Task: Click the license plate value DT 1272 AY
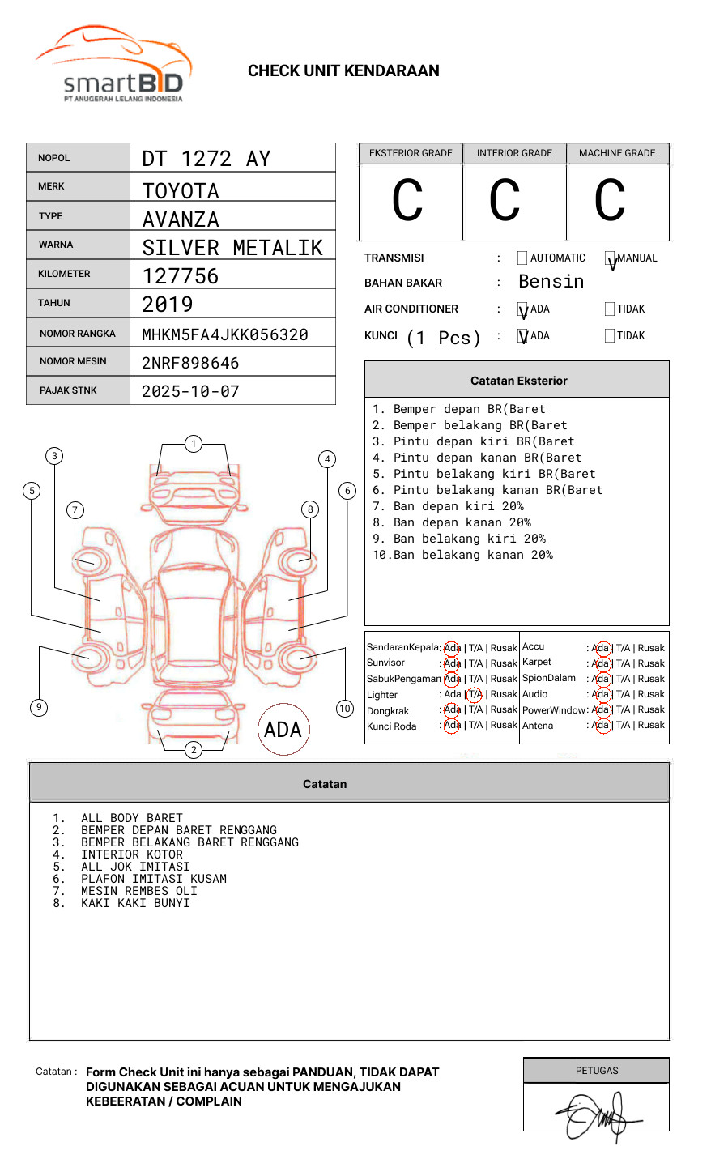click(206, 159)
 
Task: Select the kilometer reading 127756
click(181, 276)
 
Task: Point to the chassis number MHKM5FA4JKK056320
click(225, 334)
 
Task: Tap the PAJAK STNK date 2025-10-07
click(190, 391)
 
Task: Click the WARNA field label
click(55, 245)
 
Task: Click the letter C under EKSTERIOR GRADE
click(407, 201)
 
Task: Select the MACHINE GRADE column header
click(617, 153)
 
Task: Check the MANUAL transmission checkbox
click(610, 258)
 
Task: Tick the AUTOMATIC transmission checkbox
click(522, 258)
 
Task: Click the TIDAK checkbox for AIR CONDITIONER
click(610, 309)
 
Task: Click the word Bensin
click(551, 282)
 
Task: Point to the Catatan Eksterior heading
click(518, 381)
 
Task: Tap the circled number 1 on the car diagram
click(193, 443)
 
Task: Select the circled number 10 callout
click(345, 709)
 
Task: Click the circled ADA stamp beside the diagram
click(283, 729)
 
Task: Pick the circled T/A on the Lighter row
click(475, 694)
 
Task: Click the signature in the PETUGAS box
click(597, 1116)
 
